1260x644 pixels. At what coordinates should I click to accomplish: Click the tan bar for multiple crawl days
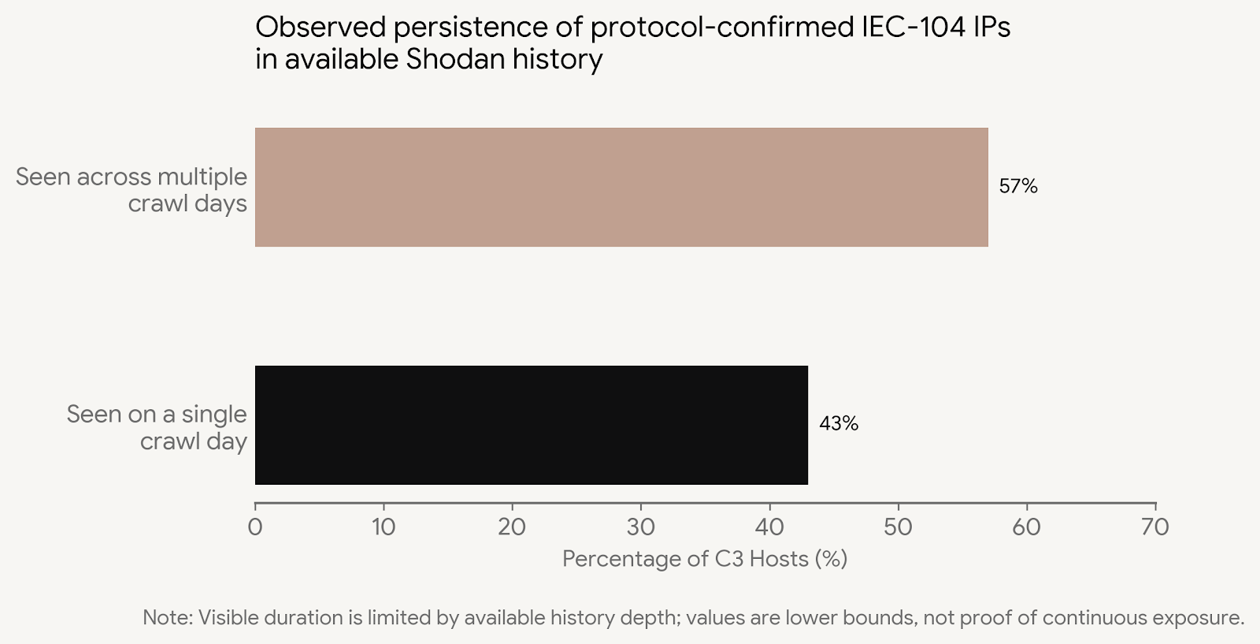[621, 187]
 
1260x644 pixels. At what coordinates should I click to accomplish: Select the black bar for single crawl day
[532, 425]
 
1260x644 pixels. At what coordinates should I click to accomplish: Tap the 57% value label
[1018, 187]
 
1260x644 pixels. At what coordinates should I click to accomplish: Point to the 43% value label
[839, 424]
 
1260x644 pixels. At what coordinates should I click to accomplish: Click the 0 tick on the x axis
[255, 527]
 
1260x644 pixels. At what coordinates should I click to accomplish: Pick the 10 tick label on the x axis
[384, 527]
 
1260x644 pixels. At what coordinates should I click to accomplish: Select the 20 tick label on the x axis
[512, 527]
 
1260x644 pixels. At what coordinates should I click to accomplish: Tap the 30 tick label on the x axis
[641, 527]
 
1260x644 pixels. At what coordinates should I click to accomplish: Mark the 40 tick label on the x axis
[769, 527]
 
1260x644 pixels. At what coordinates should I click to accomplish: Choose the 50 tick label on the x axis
[898, 527]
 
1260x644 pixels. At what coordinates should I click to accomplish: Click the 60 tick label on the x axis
[1027, 527]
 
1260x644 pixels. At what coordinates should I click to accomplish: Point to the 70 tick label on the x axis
[1155, 527]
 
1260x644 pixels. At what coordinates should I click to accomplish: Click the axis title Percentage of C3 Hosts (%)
[705, 559]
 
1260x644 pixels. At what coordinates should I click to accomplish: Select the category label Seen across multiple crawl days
[132, 190]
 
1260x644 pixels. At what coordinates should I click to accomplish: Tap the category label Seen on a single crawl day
[157, 427]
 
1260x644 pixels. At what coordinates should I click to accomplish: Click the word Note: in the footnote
[167, 617]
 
